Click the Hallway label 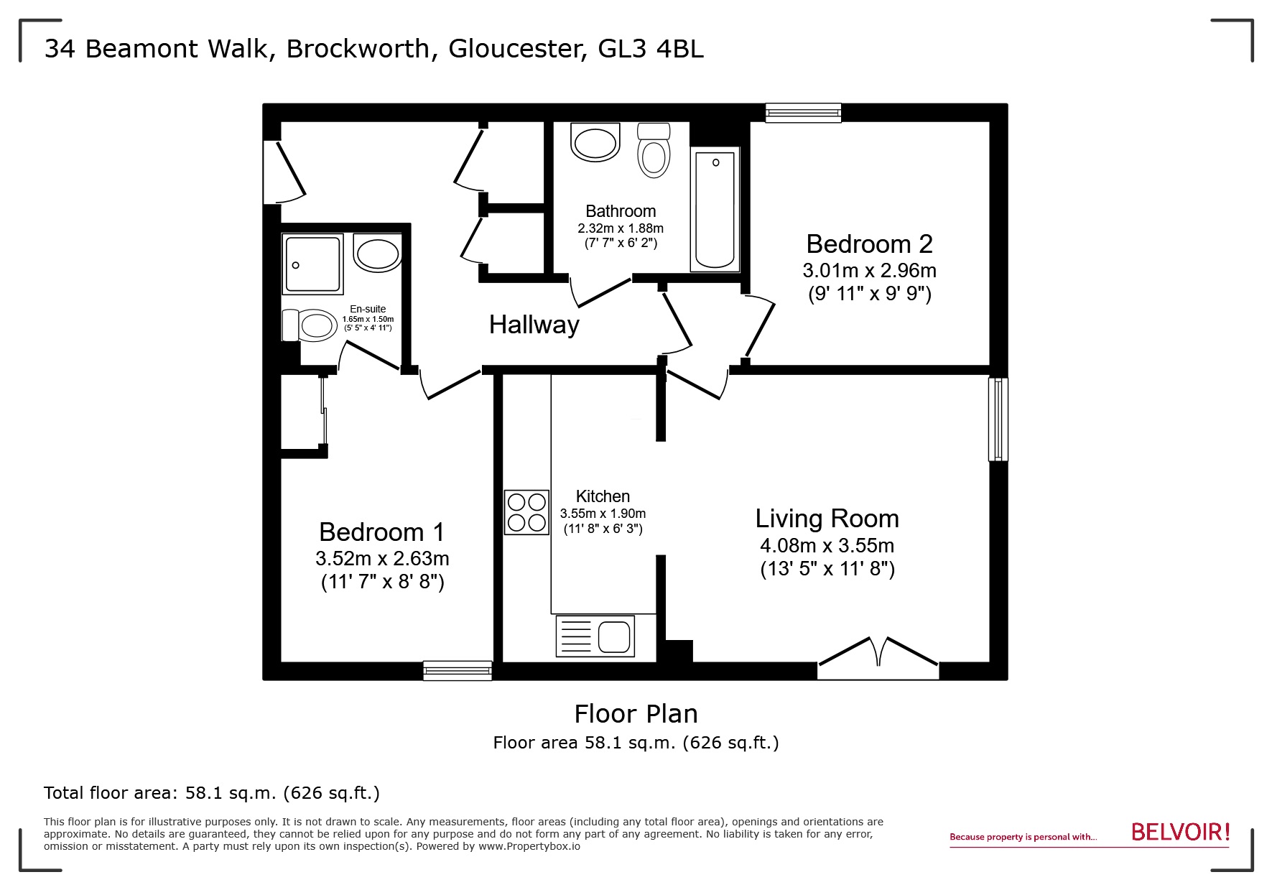(x=534, y=325)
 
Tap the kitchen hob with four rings (x=526, y=511)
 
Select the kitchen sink (x=595, y=636)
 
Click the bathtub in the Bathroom (x=715, y=209)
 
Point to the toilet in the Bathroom (x=654, y=151)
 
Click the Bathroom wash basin (x=595, y=142)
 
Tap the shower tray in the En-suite (x=312, y=264)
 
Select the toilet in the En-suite (x=310, y=325)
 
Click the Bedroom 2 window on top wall (x=802, y=112)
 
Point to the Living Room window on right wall (x=998, y=419)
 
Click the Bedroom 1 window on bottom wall (x=458, y=670)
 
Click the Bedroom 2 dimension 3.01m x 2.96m (x=869, y=271)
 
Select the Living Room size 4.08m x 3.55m (x=827, y=545)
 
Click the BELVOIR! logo (x=1180, y=832)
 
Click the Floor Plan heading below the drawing (x=636, y=713)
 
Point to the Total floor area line (x=211, y=793)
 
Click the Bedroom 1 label (x=381, y=532)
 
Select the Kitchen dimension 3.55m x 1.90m (x=603, y=514)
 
